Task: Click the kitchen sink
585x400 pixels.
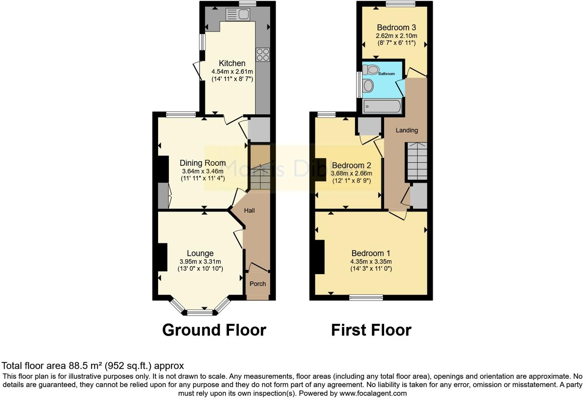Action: click(x=238, y=15)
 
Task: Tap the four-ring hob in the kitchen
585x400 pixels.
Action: click(x=262, y=54)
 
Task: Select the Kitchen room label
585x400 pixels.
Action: click(x=232, y=63)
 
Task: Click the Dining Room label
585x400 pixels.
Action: click(x=202, y=163)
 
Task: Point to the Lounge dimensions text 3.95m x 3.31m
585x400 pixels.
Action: click(x=200, y=262)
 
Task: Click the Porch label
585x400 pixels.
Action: click(x=257, y=284)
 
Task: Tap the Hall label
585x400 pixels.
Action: click(x=249, y=210)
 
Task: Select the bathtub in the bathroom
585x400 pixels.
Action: click(x=382, y=106)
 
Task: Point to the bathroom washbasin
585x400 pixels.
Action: click(x=368, y=85)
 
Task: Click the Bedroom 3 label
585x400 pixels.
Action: click(x=396, y=28)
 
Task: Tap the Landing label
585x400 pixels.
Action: click(x=406, y=130)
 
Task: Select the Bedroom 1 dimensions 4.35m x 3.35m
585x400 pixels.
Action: click(x=371, y=262)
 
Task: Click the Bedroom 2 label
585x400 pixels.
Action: click(x=351, y=165)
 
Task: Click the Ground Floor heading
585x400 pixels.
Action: click(x=214, y=330)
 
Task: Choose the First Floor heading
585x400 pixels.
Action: click(x=371, y=330)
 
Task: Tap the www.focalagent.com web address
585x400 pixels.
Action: click(x=373, y=393)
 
